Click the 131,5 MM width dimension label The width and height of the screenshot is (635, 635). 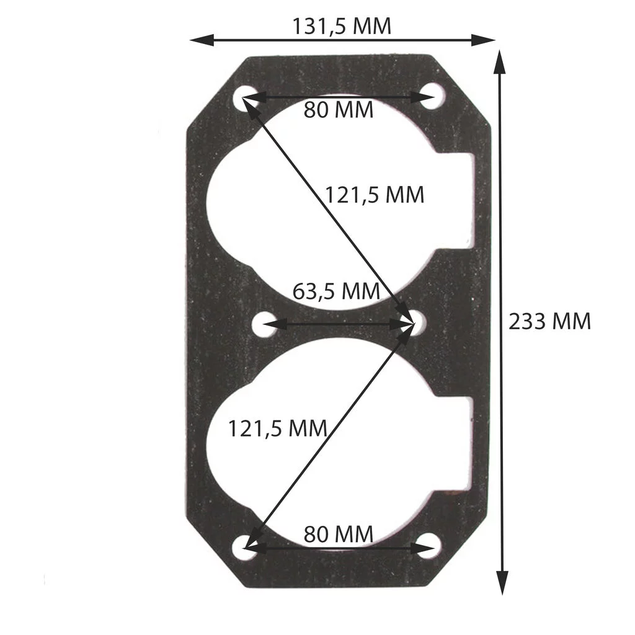point(342,26)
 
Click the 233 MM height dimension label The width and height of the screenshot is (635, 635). point(549,322)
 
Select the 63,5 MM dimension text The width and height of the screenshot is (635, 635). point(335,291)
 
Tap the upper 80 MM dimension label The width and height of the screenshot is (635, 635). point(339,110)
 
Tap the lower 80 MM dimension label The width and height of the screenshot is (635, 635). point(339,533)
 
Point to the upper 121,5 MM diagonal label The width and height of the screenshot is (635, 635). point(375,195)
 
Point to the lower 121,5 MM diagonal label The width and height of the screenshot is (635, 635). point(277,428)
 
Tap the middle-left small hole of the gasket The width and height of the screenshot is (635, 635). point(266,323)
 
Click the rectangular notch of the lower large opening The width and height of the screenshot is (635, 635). point(458,443)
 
